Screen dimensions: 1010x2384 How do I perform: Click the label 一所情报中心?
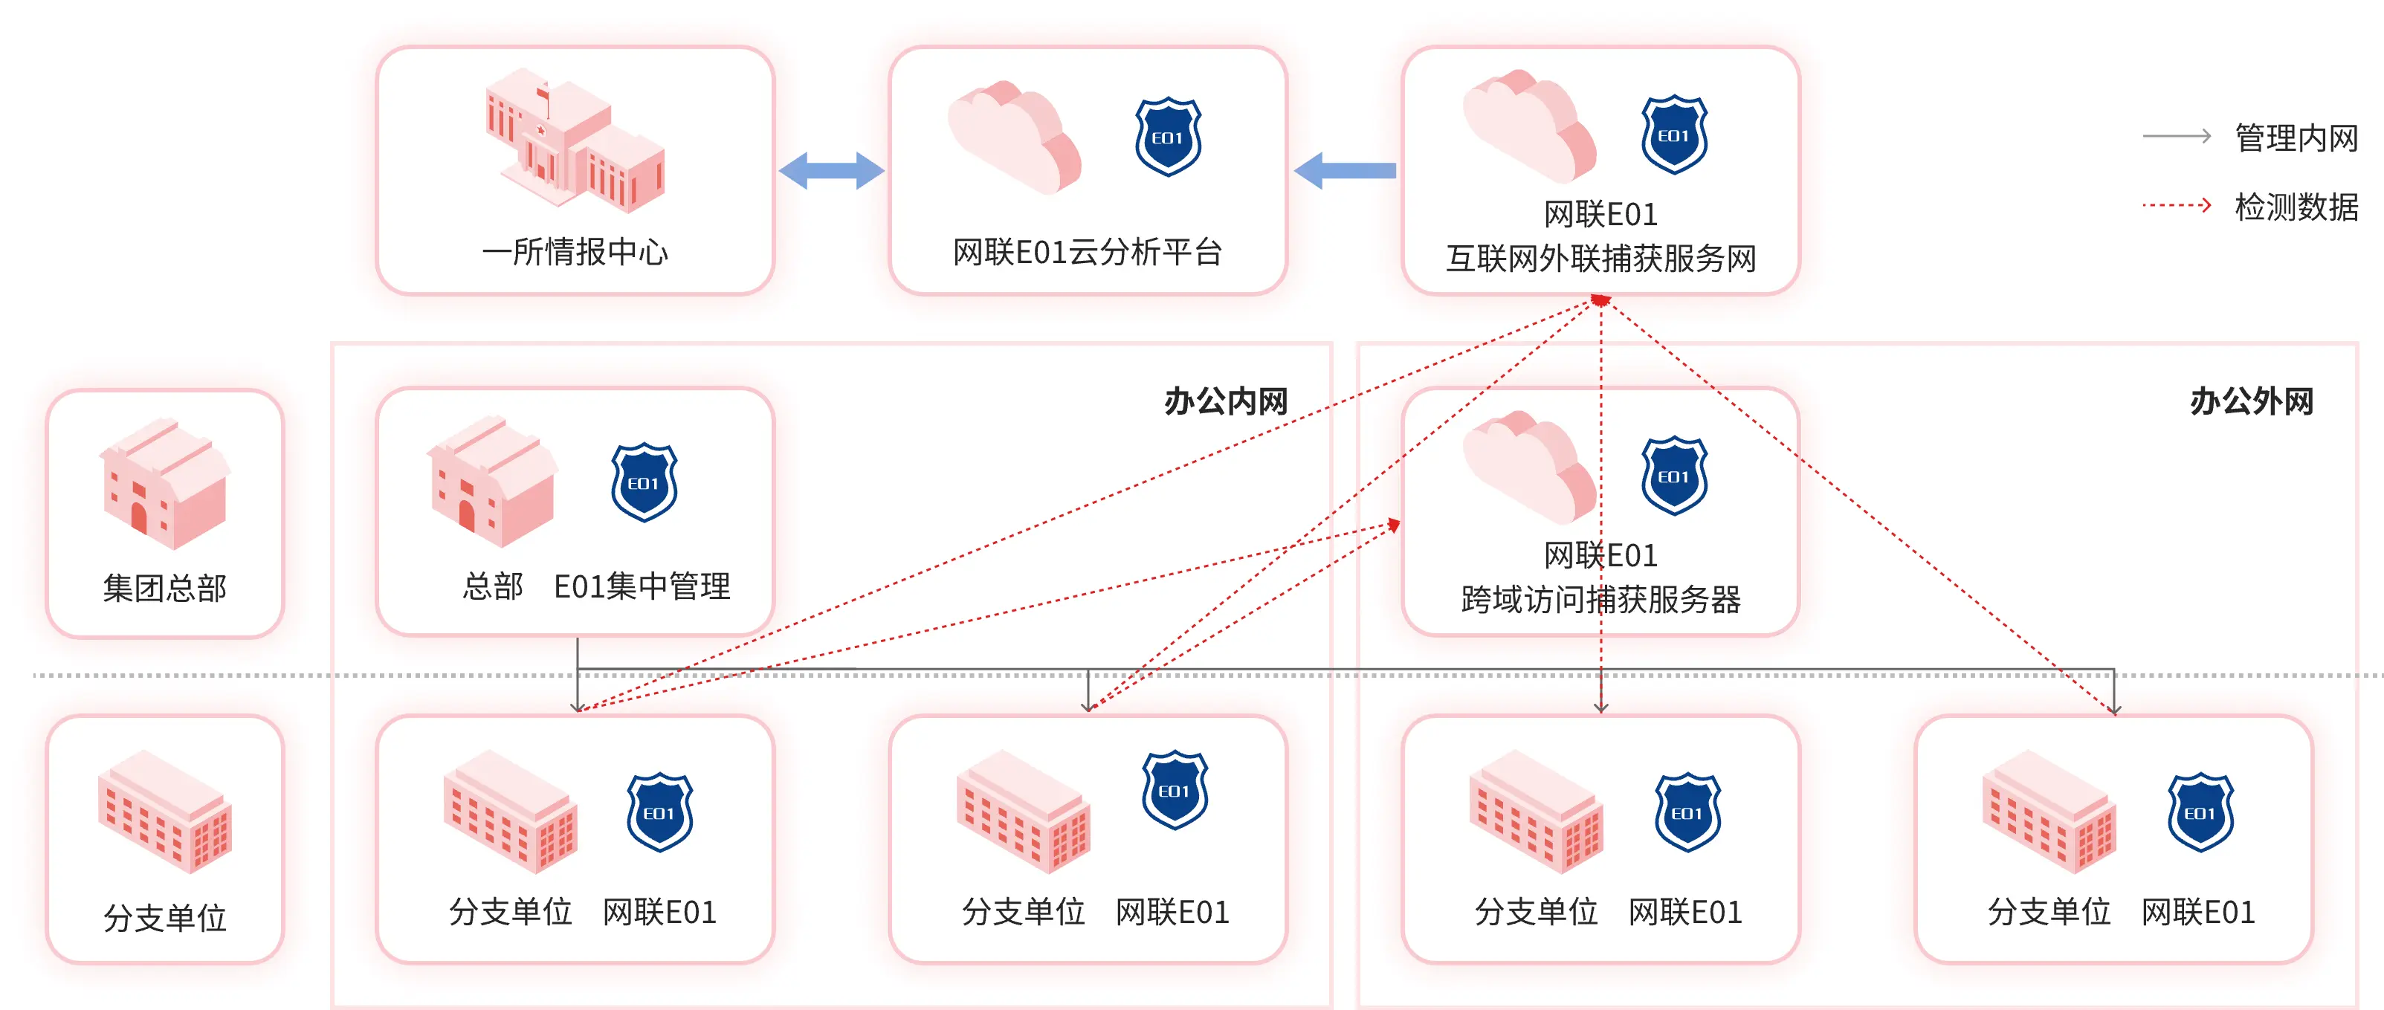pos(575,253)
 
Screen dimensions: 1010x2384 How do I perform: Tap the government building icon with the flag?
pos(574,139)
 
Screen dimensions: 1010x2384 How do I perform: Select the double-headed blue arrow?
pos(831,170)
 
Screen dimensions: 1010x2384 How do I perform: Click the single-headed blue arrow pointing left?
pos(1345,170)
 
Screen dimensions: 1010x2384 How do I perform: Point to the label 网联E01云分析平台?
pos(1088,253)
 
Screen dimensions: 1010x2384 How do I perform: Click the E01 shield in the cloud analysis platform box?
pos(1168,137)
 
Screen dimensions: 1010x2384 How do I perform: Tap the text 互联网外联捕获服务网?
pos(1601,259)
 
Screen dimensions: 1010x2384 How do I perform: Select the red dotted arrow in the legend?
pos(2177,205)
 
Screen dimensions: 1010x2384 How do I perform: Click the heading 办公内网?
pos(1225,401)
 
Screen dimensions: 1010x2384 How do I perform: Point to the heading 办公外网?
pos(2252,401)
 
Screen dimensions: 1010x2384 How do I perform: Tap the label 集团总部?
pos(165,589)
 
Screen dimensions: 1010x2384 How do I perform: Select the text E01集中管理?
pos(642,586)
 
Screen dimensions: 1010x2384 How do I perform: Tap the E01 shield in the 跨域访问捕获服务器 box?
pos(1673,476)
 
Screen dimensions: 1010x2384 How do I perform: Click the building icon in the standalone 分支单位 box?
pos(165,812)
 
